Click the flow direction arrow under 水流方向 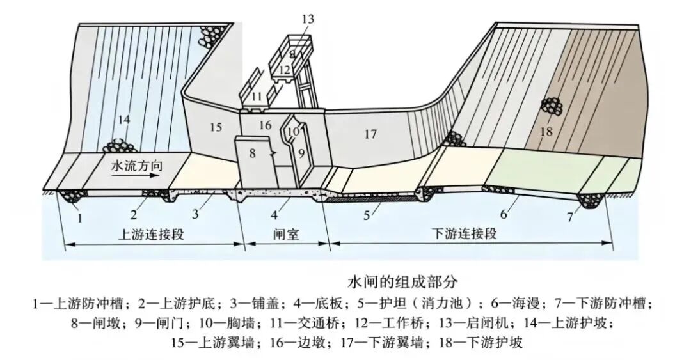coord(135,175)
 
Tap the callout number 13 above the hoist coord(308,19)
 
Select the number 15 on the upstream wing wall coord(216,128)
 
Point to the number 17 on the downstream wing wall coord(370,134)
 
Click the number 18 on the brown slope coord(546,131)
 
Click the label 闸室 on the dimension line coord(287,234)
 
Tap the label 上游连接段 coord(151,234)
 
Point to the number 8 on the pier coord(252,153)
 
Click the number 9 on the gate coord(301,153)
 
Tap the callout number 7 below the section coord(570,217)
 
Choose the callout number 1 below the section coord(80,217)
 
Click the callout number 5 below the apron coord(367,215)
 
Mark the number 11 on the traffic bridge coord(257,97)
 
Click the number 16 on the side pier coord(265,125)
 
